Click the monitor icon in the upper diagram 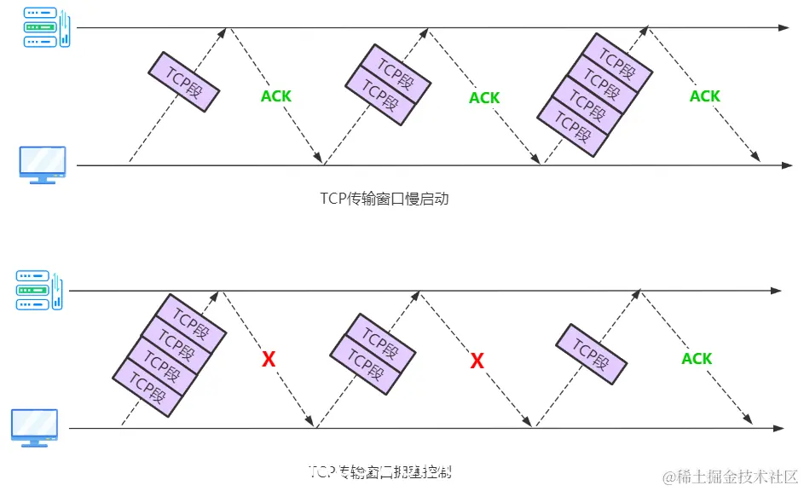point(42,165)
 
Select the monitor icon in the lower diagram point(34,427)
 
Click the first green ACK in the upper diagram point(275,96)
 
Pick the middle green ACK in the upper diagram point(484,98)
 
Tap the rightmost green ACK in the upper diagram point(704,96)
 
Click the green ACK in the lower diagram point(697,359)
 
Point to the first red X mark point(269,360)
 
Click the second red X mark point(477,361)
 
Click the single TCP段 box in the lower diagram point(592,352)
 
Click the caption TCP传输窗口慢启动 point(384,199)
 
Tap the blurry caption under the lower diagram point(385,471)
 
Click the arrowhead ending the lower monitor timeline point(777,427)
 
